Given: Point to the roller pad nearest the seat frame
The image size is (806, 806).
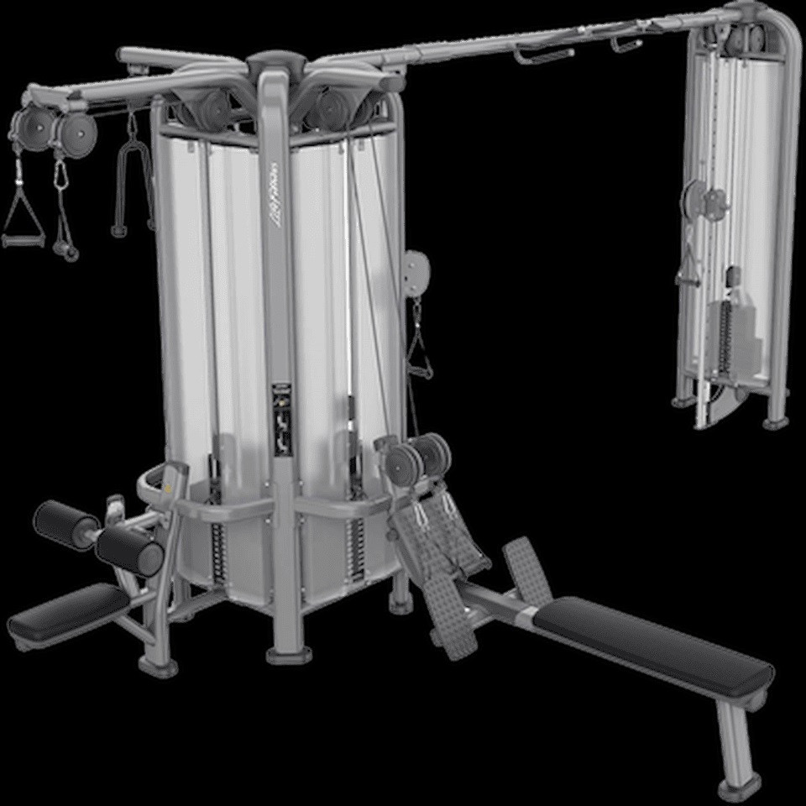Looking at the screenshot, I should tap(129, 550).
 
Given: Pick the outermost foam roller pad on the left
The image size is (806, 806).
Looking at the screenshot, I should tap(66, 524).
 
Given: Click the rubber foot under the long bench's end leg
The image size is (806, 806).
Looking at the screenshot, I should tap(738, 786).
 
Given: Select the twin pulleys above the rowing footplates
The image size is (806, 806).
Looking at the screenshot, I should tap(417, 458).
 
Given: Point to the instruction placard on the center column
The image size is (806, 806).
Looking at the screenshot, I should tap(282, 420).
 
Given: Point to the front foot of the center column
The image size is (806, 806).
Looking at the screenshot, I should tap(289, 652).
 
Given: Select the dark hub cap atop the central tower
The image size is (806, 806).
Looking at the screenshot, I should tap(275, 61).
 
